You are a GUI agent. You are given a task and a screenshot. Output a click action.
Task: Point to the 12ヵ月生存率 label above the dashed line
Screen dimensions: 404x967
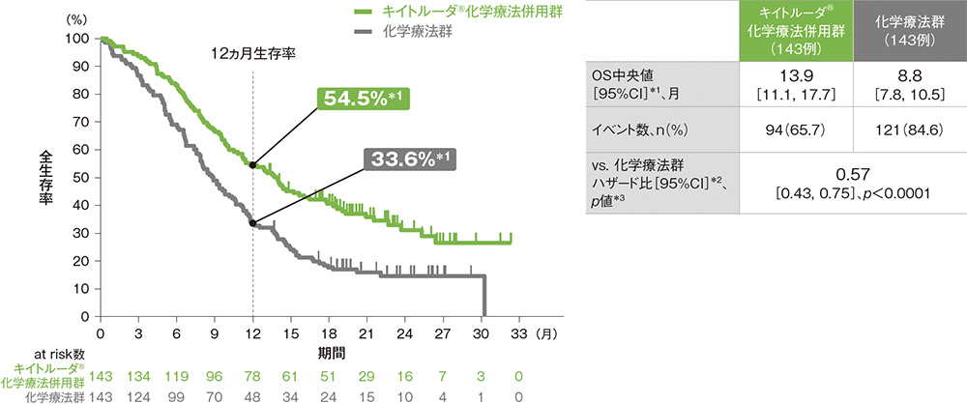[x=252, y=55]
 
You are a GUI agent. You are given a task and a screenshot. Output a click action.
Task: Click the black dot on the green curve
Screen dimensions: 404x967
[x=253, y=165]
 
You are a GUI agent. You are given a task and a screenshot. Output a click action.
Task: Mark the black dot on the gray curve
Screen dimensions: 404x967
[x=253, y=223]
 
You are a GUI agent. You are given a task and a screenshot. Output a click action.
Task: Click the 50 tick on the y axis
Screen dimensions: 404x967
[x=84, y=178]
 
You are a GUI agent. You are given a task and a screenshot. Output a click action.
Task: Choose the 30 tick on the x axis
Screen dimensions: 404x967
[x=481, y=332]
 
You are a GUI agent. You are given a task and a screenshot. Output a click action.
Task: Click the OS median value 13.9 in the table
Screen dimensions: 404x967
[x=787, y=74]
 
